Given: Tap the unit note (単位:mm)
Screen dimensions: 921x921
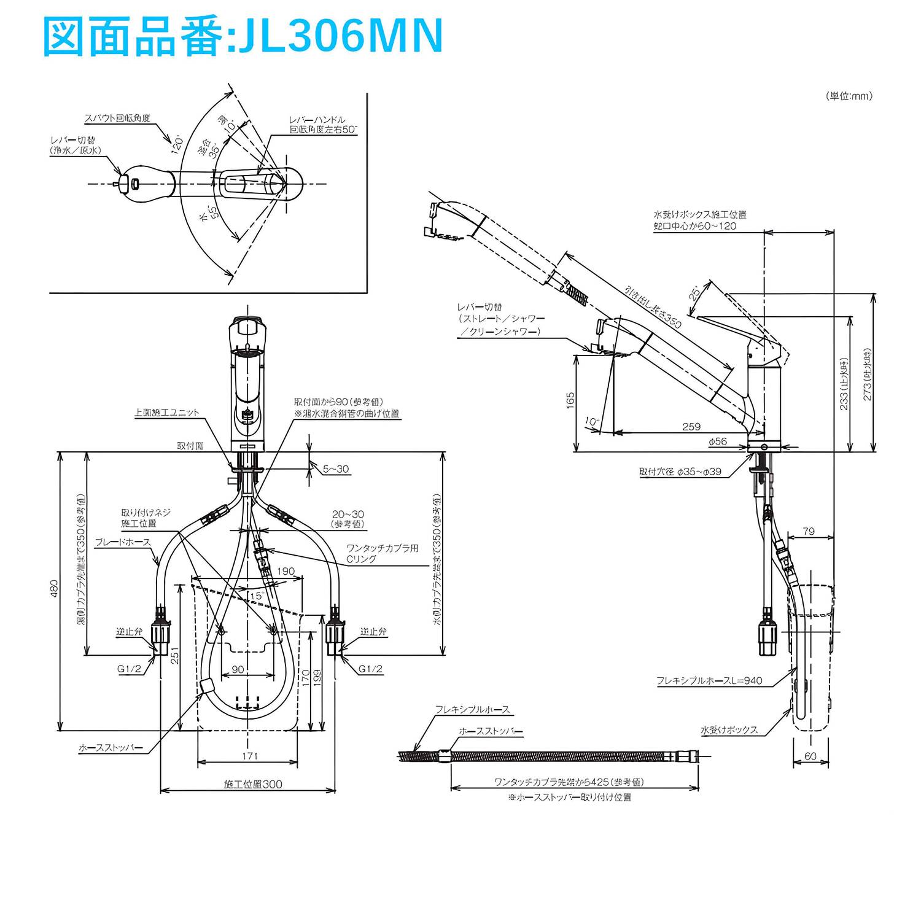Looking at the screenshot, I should (x=849, y=96).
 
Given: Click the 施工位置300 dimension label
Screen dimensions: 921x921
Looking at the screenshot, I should (x=253, y=784).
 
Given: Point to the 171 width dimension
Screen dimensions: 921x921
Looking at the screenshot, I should (x=249, y=756).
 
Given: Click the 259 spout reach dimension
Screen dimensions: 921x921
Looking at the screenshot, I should (x=691, y=427).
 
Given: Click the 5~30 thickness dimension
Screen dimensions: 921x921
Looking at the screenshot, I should (x=336, y=469).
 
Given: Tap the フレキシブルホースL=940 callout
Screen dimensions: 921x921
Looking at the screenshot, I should (x=709, y=681).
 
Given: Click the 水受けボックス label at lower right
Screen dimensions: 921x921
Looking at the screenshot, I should (x=729, y=730).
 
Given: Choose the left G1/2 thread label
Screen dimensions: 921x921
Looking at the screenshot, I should (x=130, y=669).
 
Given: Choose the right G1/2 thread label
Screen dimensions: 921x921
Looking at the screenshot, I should (x=370, y=669).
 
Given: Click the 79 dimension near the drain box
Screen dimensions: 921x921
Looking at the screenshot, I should (x=809, y=531).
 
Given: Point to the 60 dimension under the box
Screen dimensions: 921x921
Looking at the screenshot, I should (x=810, y=756).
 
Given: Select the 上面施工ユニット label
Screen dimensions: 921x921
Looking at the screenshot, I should (x=167, y=413).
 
